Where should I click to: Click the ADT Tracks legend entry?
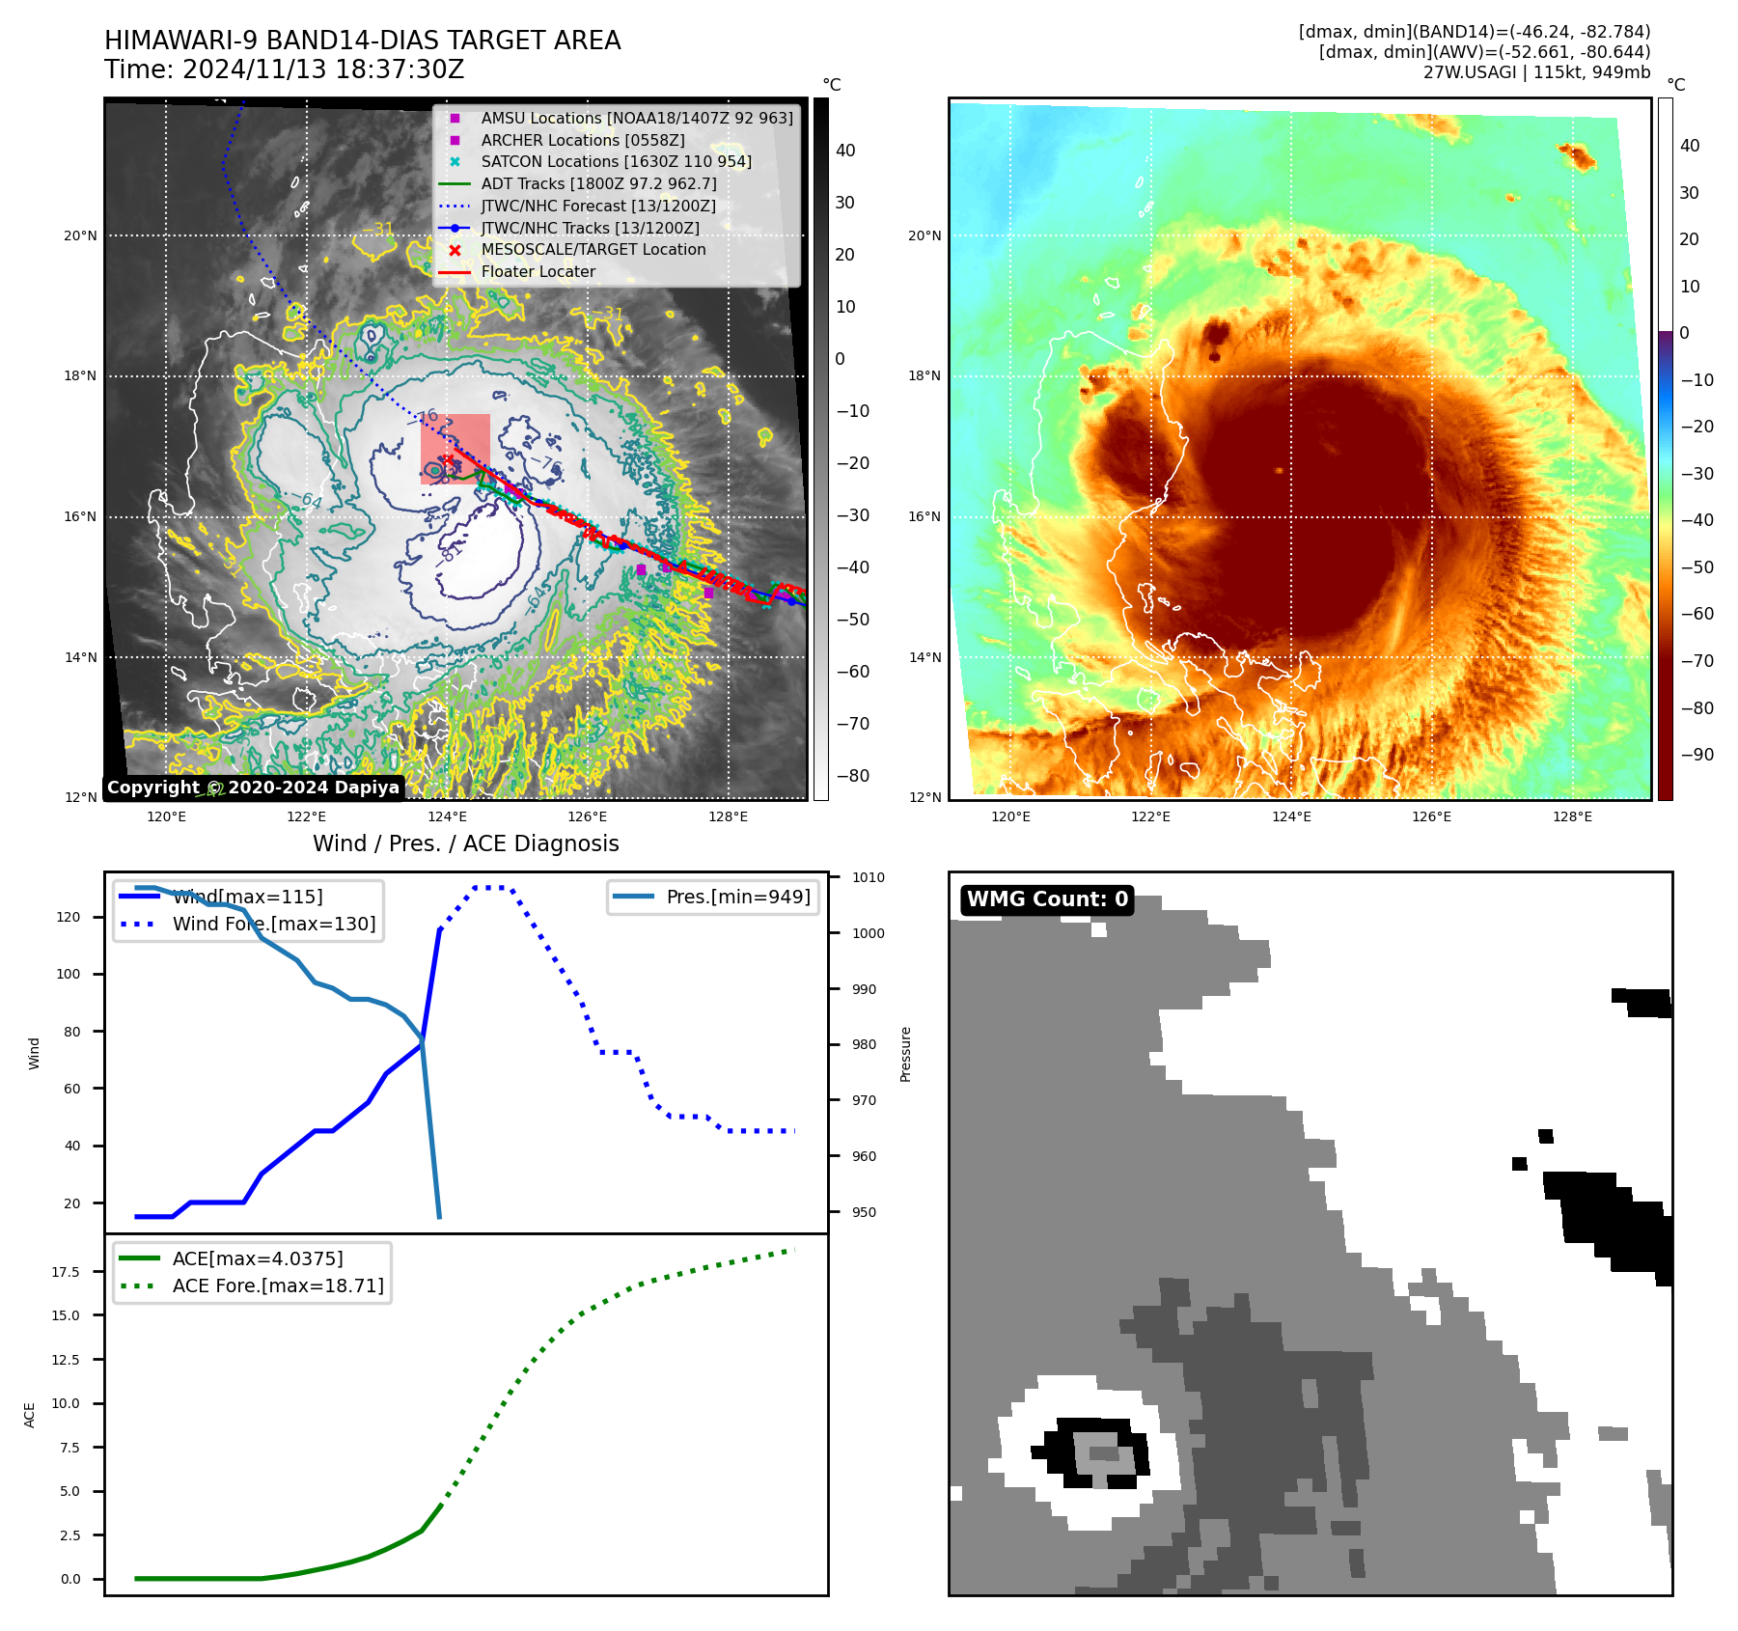tap(598, 183)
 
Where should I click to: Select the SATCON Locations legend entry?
tap(616, 161)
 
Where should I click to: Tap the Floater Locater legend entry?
tap(538, 271)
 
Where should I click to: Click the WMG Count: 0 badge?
tap(1047, 899)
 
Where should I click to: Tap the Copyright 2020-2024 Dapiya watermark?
tap(253, 788)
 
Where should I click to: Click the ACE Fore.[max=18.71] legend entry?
tap(277, 1285)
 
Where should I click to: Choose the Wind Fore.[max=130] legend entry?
tap(273, 924)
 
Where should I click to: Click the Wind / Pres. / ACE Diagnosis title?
tap(466, 843)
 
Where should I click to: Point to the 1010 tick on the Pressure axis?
tap(869, 877)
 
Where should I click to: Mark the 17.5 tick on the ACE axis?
tap(66, 1272)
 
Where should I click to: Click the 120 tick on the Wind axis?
tap(69, 917)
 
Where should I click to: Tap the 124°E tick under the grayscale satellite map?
tap(448, 816)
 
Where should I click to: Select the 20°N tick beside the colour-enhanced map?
tap(924, 235)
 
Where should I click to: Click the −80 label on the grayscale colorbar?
tap(853, 776)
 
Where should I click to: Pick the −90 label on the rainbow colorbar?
tap(1697, 755)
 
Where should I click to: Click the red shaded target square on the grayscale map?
tap(455, 449)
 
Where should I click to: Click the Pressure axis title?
tap(905, 1054)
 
